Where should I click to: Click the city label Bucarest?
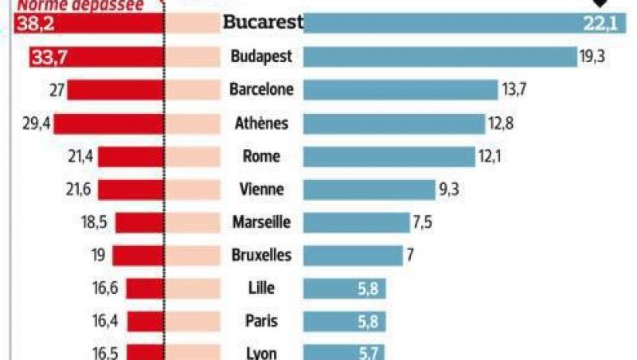[263, 22]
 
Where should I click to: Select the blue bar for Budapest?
[440, 57]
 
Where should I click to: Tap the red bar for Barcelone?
[115, 89]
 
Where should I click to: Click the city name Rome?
[261, 156]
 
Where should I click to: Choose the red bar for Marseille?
[139, 222]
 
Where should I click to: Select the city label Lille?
[261, 288]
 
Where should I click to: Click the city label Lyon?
[261, 353]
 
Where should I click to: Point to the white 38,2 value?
[29, 23]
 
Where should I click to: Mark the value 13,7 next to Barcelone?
[514, 89]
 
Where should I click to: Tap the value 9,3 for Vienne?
[449, 190]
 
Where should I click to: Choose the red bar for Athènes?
[108, 123]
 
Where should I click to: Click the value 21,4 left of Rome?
[80, 156]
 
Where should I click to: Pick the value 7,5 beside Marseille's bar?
[422, 222]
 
